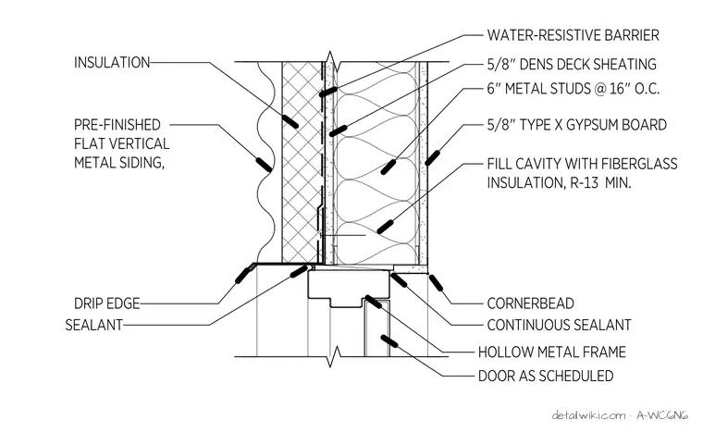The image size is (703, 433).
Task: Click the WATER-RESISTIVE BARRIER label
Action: pos(573,35)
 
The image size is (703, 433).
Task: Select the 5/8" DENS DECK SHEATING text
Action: pos(572,65)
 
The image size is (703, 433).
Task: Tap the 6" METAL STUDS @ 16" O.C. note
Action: pos(573,89)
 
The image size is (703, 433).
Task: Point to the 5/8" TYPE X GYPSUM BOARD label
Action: pos(577,125)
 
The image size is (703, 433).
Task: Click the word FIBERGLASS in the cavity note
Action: pos(639,164)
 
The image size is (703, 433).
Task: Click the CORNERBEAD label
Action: pos(530,303)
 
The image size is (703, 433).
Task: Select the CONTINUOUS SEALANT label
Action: pos(559,325)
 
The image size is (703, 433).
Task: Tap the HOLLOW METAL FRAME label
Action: pos(552,352)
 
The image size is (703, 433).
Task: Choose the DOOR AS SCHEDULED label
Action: pos(546,376)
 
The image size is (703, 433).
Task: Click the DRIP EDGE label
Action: pos(106,303)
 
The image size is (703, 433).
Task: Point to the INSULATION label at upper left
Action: pos(112,62)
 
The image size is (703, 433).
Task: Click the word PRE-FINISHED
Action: pos(117,124)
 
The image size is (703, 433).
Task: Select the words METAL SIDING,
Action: pos(119,162)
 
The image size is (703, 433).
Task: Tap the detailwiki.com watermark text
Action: pos(588,415)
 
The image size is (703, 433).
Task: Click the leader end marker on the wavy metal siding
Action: pos(264,165)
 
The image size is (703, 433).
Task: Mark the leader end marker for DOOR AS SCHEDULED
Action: pos(388,341)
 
